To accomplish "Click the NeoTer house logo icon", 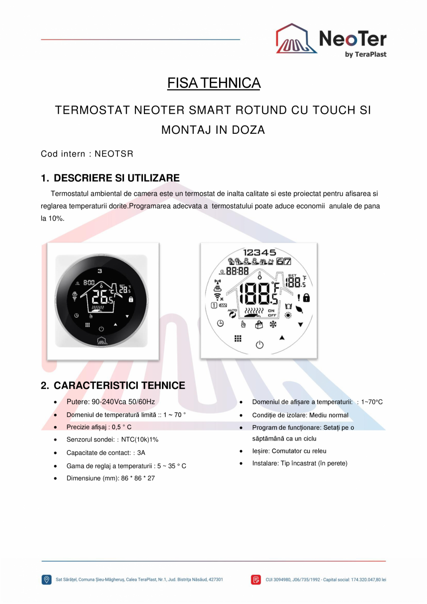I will [297, 39].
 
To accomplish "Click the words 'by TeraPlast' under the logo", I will [366, 54].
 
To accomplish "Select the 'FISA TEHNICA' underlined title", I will [213, 83].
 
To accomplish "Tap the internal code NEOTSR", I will [114, 154].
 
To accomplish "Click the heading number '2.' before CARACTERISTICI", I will [45, 386].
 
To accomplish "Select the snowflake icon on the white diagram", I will [273, 324].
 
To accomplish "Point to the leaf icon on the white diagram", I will [299, 308].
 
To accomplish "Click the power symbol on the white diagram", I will [260, 345].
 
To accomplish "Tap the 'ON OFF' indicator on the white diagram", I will [272, 312].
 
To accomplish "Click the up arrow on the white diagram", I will [282, 337].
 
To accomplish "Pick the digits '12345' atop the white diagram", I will [259, 252].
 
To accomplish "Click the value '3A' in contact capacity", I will [141, 453].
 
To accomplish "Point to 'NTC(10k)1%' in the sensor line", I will [140, 440].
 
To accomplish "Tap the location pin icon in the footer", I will [46, 579].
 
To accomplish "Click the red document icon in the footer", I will [256, 579].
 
